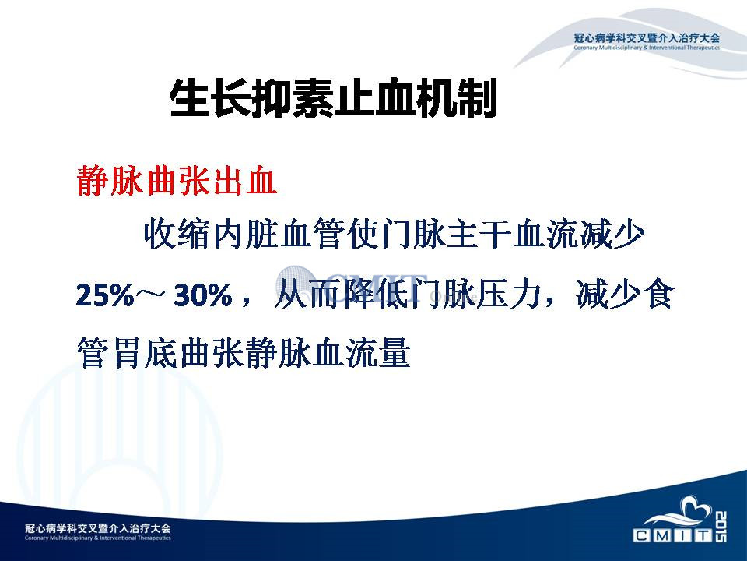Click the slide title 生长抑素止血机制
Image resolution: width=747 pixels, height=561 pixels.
(x=334, y=98)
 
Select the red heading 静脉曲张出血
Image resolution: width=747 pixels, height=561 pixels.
(x=177, y=181)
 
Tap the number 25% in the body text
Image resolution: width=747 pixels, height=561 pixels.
(x=105, y=295)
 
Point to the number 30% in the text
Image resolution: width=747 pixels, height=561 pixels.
(x=203, y=295)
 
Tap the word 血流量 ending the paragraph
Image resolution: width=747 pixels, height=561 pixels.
(x=362, y=353)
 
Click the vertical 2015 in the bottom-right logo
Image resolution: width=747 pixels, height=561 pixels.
(x=721, y=527)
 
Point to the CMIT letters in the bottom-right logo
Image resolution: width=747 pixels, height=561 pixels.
(x=672, y=536)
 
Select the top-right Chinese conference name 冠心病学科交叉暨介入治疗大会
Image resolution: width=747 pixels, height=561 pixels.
(x=647, y=38)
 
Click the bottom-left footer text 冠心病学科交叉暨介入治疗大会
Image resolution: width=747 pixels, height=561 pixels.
(x=98, y=528)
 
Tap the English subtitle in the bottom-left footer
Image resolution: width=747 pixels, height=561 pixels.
(x=98, y=538)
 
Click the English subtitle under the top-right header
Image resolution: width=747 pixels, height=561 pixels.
(x=647, y=48)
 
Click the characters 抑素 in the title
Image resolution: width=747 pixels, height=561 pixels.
(x=293, y=98)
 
